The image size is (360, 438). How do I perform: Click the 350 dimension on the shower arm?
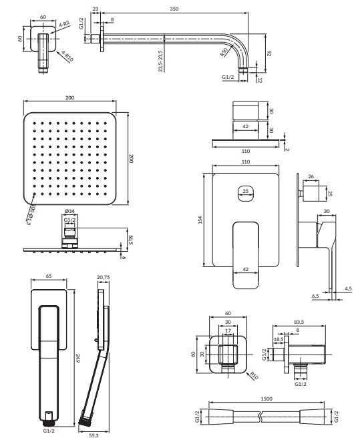pyautogui.click(x=174, y=9)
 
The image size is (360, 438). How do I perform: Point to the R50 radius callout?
pyautogui.click(x=224, y=52)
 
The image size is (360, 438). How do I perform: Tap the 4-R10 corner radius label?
pyautogui.click(x=67, y=56)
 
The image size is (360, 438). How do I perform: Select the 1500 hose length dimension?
pyautogui.click(x=266, y=399)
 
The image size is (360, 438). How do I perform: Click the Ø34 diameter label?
pyautogui.click(x=69, y=211)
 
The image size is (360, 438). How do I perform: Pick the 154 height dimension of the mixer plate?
pyautogui.click(x=200, y=220)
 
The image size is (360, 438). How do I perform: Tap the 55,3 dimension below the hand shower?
pyautogui.click(x=94, y=435)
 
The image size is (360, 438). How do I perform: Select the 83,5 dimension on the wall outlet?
pyautogui.click(x=299, y=322)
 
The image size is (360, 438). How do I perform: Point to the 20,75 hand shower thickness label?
pyautogui.click(x=104, y=277)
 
